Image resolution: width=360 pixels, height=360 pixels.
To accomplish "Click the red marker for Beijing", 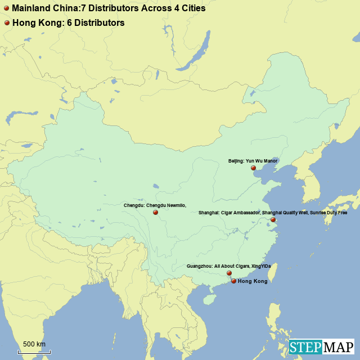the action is click(253, 168).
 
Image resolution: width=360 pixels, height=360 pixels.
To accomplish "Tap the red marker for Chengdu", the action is click(155, 213).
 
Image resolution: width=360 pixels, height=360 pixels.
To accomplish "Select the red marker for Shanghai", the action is click(273, 220).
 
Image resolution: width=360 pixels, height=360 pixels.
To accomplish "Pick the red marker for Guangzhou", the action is click(229, 273).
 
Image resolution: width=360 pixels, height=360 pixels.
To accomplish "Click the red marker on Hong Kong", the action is click(233, 281).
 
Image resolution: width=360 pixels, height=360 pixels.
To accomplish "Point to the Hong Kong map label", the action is click(253, 281).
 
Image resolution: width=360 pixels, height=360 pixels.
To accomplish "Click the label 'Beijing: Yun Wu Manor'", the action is click(253, 161).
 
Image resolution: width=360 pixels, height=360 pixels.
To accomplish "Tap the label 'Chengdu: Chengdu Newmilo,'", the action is click(155, 205).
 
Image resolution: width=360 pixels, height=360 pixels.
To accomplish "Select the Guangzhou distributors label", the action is click(228, 266).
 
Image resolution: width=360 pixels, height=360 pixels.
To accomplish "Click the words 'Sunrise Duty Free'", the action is click(328, 213).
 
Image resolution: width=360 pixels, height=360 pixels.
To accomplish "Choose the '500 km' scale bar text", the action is click(34, 344).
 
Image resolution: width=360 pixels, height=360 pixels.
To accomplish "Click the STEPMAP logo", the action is click(321, 347).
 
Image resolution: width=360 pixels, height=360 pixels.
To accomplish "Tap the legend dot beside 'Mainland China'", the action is click(7, 9).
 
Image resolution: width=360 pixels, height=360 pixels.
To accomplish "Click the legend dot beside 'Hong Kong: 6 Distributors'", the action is click(7, 23).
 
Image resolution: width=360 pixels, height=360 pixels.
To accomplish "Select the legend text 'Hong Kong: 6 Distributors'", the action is click(68, 23).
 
